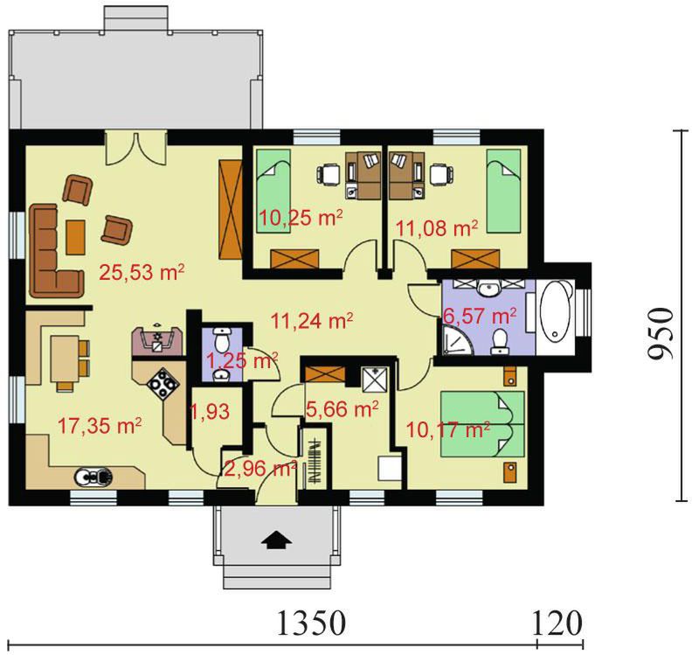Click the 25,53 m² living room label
point(142,272)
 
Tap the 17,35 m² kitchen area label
point(100,426)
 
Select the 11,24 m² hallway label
point(312,321)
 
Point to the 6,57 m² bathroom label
point(480,317)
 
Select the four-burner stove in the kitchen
point(163,384)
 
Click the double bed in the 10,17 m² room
point(483,424)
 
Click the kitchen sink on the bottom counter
point(93,476)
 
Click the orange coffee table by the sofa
point(75,237)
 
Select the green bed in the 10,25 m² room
point(273,191)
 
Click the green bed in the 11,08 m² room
point(503,191)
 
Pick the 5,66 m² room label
point(342,409)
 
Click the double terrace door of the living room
point(136,148)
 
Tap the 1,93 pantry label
point(210,411)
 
